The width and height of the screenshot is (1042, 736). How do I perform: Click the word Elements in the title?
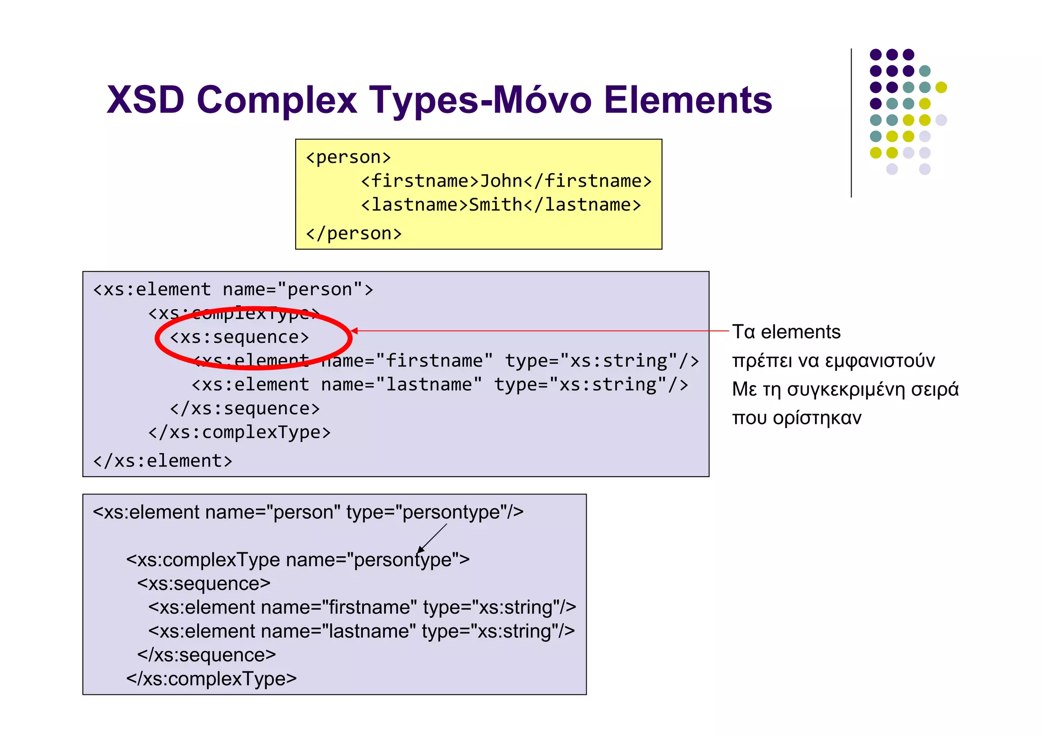tap(688, 100)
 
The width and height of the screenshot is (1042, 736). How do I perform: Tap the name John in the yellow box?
tap(501, 181)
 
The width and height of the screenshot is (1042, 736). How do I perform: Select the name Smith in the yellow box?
tap(495, 205)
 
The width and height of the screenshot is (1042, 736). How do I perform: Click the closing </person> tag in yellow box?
tap(354, 233)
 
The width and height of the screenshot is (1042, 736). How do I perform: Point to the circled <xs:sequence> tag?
tap(239, 337)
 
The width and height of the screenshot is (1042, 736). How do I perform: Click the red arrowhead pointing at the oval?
tap(355, 331)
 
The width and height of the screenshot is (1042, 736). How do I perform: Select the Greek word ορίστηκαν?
tap(817, 418)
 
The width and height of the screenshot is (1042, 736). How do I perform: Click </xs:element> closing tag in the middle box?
tap(163, 461)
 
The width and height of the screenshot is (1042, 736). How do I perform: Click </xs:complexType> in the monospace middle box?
tap(239, 432)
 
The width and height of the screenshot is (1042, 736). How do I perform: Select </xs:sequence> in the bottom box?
tap(207, 655)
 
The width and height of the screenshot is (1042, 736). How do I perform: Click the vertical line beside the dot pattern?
tap(851, 122)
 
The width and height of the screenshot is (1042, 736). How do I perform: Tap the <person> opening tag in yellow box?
tap(349, 157)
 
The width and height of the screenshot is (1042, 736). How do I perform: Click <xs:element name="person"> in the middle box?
tap(233, 289)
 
